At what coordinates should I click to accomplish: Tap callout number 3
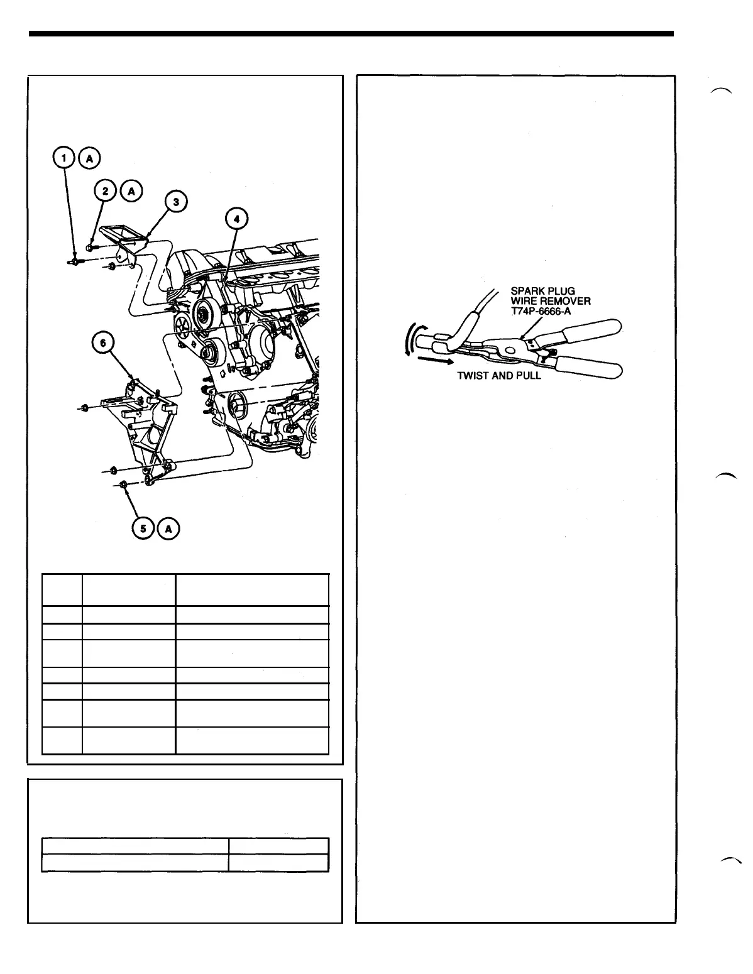pos(177,202)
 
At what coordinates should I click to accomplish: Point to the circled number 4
pos(237,219)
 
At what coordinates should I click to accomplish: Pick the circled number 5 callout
pos(144,529)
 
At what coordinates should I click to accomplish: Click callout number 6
pos(104,344)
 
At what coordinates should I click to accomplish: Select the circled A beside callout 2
pos(132,190)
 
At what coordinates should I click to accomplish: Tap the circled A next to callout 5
pos(168,529)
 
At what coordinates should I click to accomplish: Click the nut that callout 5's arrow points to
pos(124,484)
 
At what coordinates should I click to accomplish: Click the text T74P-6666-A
pos(541,310)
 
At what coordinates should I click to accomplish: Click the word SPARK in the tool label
pos(525,292)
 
